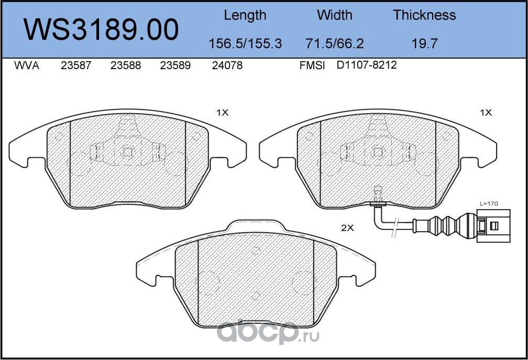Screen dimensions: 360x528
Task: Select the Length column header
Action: [x=245, y=15]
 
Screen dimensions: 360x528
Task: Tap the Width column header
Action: [x=335, y=15]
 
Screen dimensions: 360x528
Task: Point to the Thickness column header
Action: [x=424, y=15]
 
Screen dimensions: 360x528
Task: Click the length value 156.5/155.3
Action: [x=245, y=43]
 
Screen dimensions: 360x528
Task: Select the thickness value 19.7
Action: [x=424, y=43]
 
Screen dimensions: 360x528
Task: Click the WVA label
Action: [x=26, y=66]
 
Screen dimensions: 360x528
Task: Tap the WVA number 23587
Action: [x=76, y=66]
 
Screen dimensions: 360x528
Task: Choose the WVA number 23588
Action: [x=126, y=66]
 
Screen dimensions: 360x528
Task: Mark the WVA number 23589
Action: [x=175, y=66]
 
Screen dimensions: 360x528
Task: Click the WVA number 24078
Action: [x=227, y=66]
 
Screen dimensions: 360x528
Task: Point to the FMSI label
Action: [x=312, y=66]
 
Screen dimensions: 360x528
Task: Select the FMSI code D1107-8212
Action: [x=367, y=66]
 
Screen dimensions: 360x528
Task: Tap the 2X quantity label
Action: [x=348, y=228]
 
